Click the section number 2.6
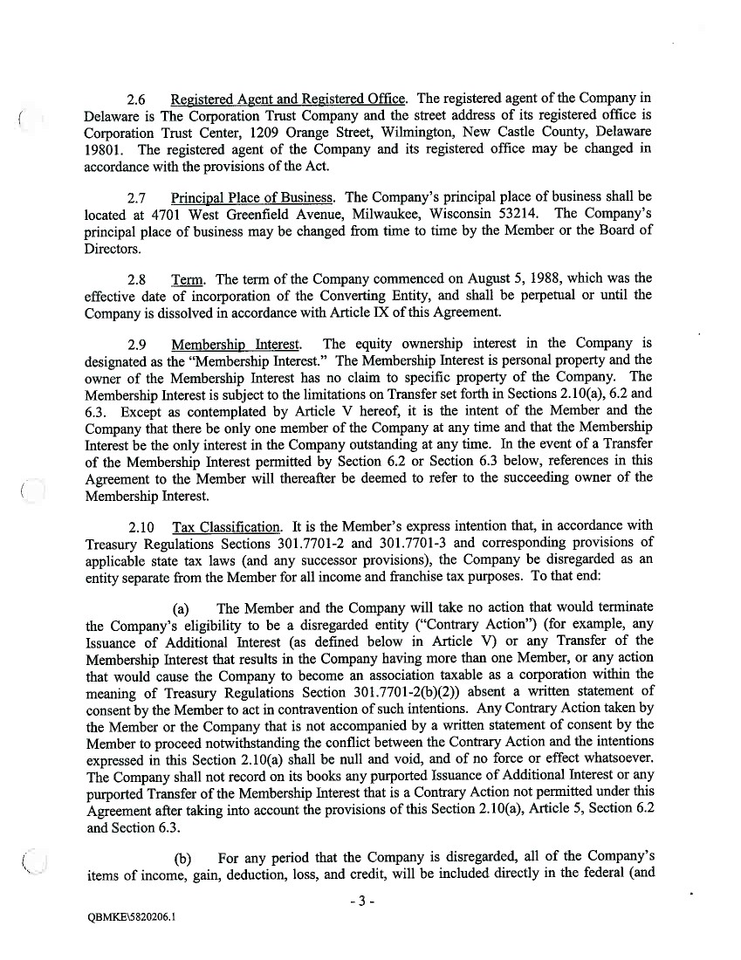(138, 99)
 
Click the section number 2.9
(138, 344)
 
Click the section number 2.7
(138, 197)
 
